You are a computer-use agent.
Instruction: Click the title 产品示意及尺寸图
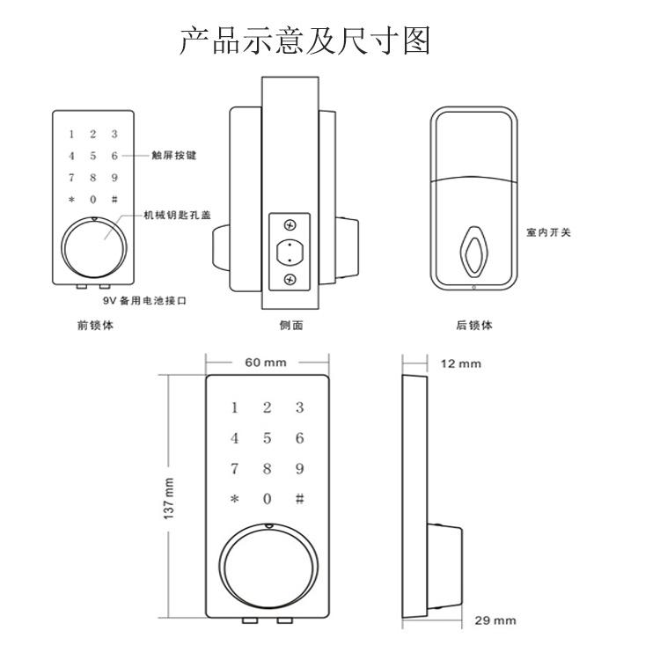[304, 40]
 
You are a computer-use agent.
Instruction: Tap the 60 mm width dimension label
[266, 363]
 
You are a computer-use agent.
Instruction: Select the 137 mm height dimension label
[168, 498]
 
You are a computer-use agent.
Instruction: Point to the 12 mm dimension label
[461, 363]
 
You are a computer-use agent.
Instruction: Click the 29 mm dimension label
[495, 620]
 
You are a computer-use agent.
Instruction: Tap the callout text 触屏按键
[174, 155]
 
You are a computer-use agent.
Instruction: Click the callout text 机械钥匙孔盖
[177, 215]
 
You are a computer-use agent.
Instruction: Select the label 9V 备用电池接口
[145, 301]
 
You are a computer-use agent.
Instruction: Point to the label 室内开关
[548, 232]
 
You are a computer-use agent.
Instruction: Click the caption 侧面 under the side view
[291, 325]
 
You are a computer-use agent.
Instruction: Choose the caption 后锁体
[474, 325]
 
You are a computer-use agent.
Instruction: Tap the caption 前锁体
[95, 325]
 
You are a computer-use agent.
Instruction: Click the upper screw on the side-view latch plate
[290, 225]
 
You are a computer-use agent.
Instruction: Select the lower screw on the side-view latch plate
[290, 279]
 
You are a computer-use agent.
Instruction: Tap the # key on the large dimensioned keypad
[299, 499]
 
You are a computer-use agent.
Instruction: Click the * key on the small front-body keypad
[71, 199]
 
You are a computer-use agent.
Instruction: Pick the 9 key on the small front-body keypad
[114, 178]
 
